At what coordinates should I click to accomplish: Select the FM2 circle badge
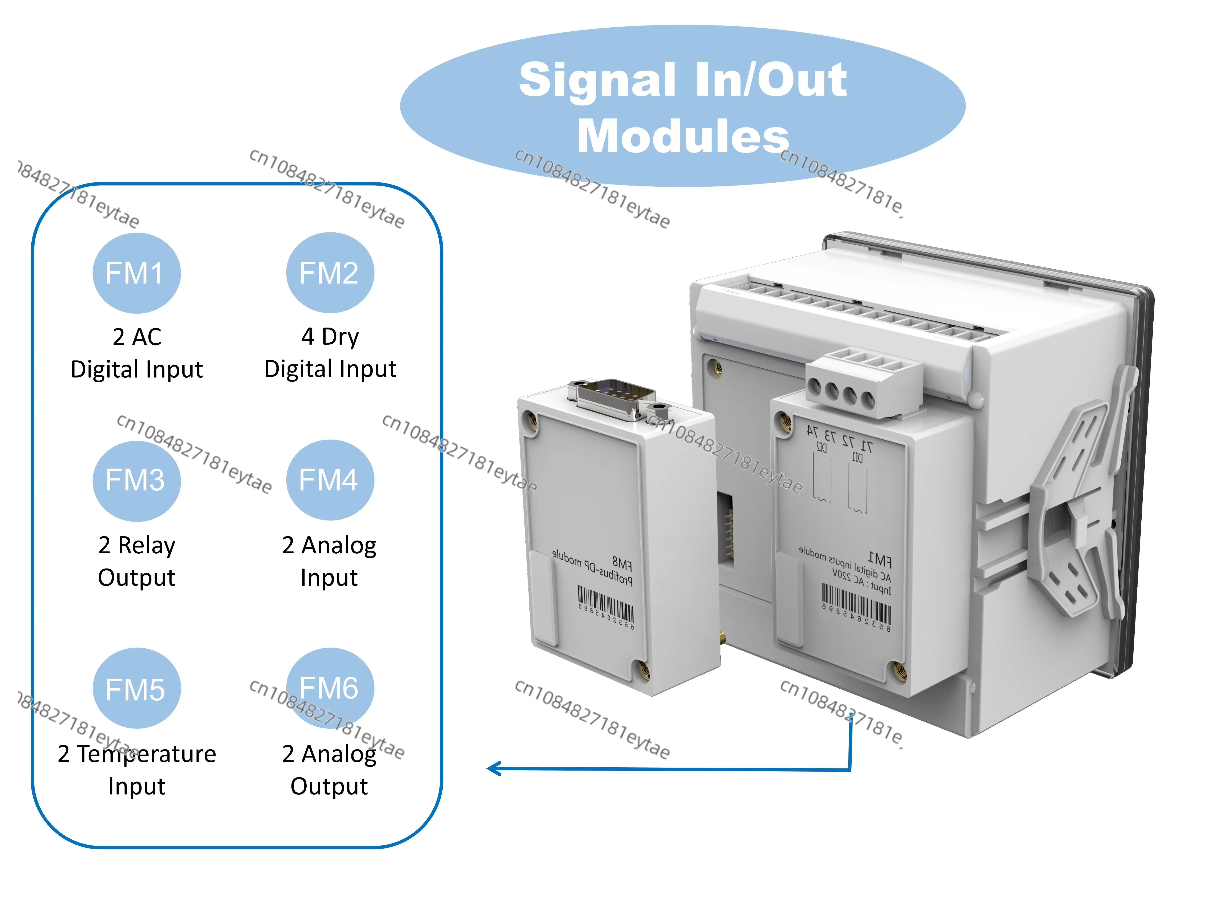[330, 273]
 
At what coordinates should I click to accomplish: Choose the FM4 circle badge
[330, 480]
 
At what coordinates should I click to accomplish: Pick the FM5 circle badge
[136, 689]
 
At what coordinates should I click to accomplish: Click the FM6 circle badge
[330, 688]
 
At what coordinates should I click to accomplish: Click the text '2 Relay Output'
[136, 561]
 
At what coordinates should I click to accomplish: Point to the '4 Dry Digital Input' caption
[330, 353]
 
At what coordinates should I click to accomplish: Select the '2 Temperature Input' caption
[136, 769]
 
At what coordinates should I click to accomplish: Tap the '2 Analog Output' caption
[329, 769]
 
